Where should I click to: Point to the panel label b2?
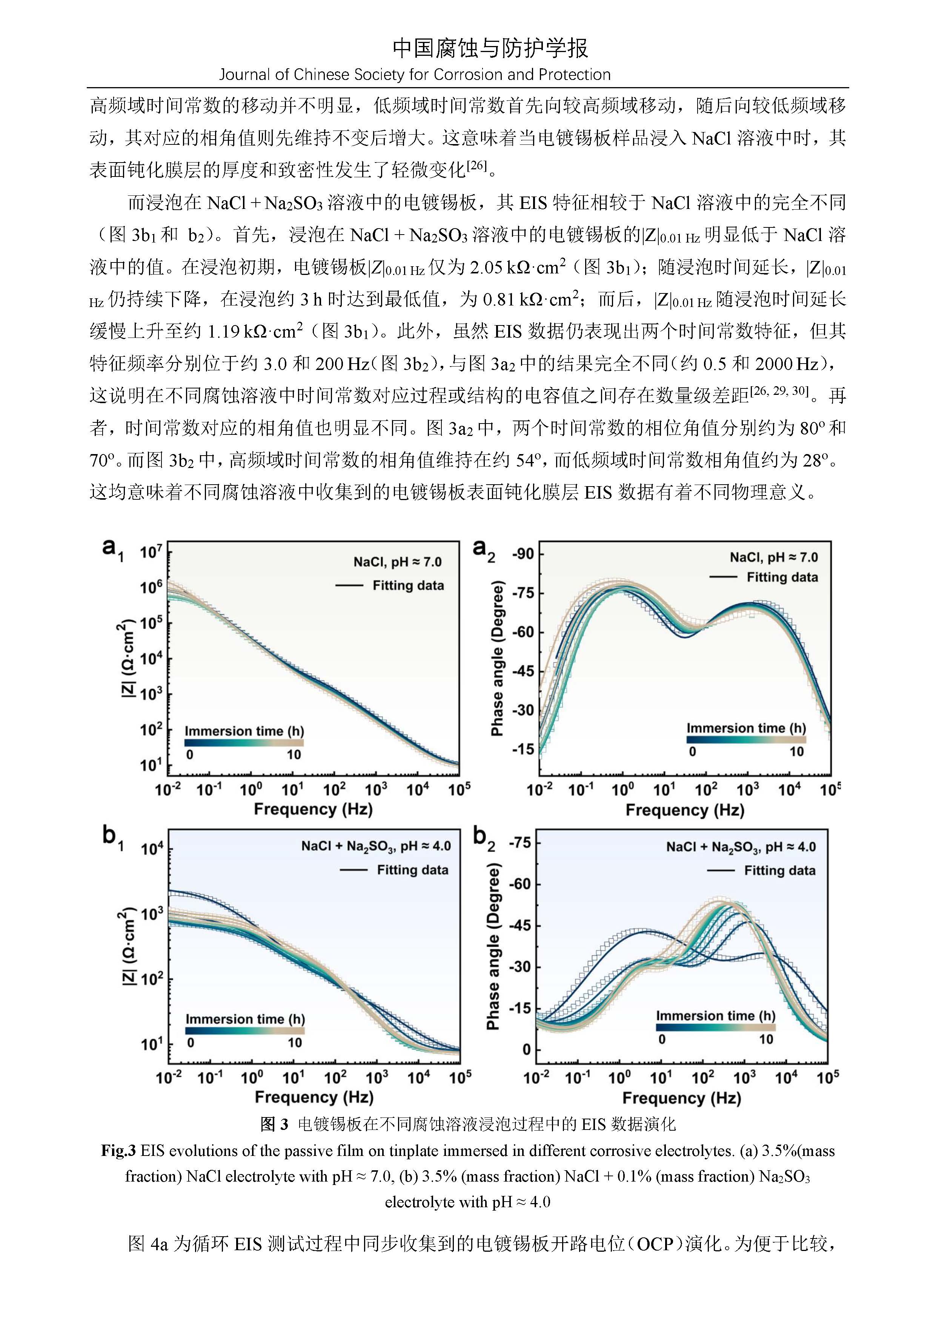click(x=484, y=836)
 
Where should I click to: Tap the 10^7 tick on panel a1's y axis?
click(x=151, y=553)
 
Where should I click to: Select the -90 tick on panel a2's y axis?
click(x=522, y=554)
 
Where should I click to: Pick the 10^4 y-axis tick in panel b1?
click(x=152, y=849)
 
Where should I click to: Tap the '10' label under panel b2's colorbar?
click(x=765, y=1039)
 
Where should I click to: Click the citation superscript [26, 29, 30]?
click(x=781, y=390)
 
